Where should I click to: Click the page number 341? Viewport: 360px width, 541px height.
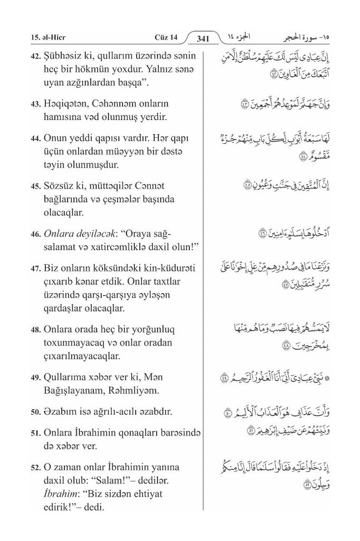click(203, 38)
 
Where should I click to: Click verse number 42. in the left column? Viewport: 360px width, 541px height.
click(36, 57)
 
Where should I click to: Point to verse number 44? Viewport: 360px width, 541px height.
click(36, 139)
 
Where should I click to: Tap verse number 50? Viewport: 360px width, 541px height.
click(36, 412)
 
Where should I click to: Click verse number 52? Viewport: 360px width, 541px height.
click(36, 468)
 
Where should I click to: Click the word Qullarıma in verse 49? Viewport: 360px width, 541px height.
click(69, 379)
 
